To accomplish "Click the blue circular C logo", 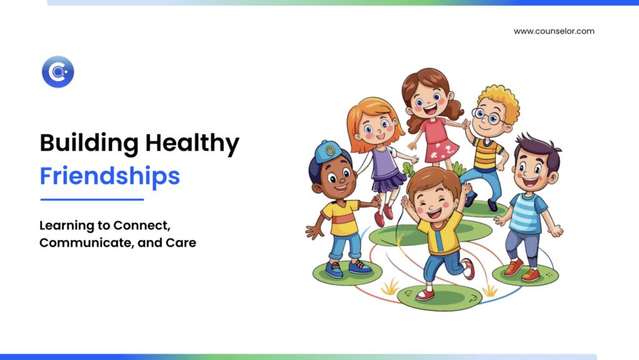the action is pyautogui.click(x=58, y=72).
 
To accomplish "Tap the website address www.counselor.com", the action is pyautogui.click(x=554, y=31).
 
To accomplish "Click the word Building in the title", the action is pyautogui.click(x=89, y=144).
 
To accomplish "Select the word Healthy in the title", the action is pyautogui.click(x=192, y=144).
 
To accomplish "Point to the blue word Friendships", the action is pyautogui.click(x=110, y=176).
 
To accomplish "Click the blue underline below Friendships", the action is pyautogui.click(x=92, y=200).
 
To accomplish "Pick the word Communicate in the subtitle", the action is pyautogui.click(x=86, y=243).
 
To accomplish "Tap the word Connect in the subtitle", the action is pyautogui.click(x=142, y=226).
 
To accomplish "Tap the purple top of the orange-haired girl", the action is pyautogui.click(x=383, y=163).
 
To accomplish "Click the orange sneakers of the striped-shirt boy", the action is pyautogui.click(x=522, y=271).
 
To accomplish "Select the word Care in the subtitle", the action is pyautogui.click(x=180, y=243).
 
